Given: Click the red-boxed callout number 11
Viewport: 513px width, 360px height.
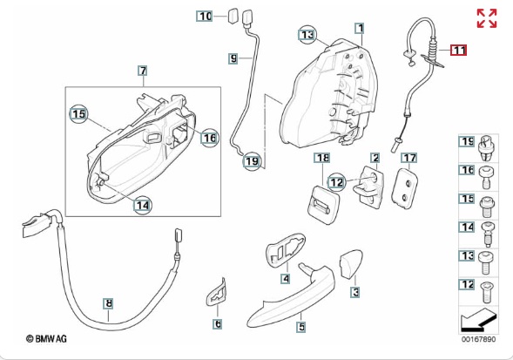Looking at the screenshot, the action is click(x=458, y=51).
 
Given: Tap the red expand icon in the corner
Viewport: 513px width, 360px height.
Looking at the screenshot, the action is click(x=487, y=18).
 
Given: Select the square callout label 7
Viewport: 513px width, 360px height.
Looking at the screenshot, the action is click(x=143, y=71).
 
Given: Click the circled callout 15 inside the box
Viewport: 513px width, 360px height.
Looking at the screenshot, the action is click(x=79, y=113).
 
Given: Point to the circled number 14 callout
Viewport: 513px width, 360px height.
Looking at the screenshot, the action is click(x=143, y=205).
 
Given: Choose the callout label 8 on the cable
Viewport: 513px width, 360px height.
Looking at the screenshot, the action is click(x=108, y=303).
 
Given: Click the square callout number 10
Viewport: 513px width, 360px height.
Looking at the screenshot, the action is click(x=205, y=16).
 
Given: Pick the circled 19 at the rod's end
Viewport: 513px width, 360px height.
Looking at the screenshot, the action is click(x=252, y=161).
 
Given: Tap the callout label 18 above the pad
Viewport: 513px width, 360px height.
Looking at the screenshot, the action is click(x=322, y=158).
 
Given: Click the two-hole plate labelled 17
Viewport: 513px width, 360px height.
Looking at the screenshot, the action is click(x=405, y=189).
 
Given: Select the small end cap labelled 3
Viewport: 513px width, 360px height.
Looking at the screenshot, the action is click(x=351, y=264).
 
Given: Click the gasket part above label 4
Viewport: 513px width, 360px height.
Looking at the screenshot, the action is click(x=286, y=250).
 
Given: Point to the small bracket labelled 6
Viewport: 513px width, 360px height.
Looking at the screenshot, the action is click(x=215, y=292).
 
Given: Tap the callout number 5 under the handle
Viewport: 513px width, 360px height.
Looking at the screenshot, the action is click(x=301, y=326).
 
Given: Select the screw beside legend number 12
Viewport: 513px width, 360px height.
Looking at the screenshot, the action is click(x=486, y=292).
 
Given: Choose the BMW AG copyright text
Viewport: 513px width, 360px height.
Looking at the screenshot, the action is click(x=46, y=338).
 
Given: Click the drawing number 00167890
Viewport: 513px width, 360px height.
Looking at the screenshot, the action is click(x=479, y=339).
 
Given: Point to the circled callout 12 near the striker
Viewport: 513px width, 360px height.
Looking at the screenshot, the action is click(x=336, y=182).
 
